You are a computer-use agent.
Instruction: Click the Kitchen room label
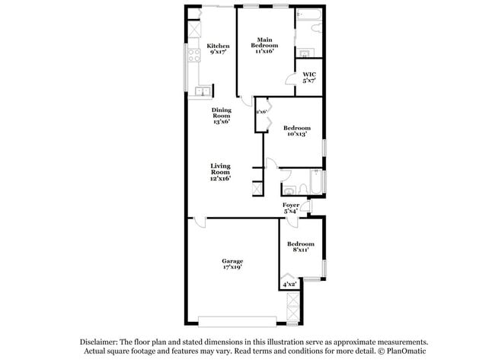(219, 49)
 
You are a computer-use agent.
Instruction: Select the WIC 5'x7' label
(308, 77)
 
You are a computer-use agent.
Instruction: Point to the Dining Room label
(221, 115)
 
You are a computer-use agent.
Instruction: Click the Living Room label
(220, 171)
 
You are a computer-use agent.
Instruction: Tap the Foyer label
(291, 207)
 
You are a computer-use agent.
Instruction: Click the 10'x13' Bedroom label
(296, 131)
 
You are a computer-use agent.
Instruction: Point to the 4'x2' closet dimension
(289, 285)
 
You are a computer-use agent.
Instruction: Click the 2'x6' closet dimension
(260, 112)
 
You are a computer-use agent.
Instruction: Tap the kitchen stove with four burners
(193, 30)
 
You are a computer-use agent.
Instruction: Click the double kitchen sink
(202, 92)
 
